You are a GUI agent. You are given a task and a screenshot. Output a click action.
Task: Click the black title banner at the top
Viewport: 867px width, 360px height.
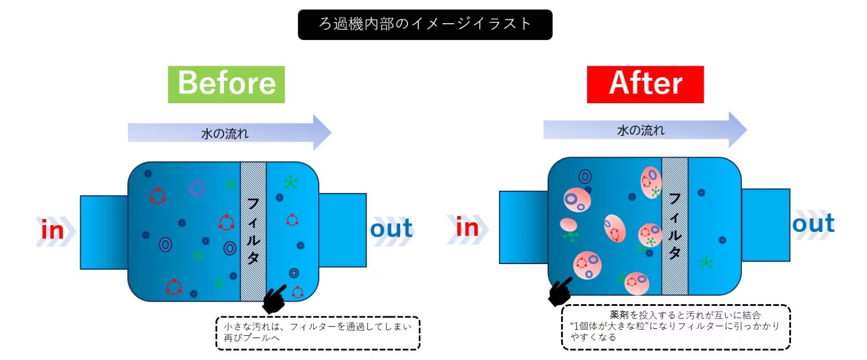point(425,24)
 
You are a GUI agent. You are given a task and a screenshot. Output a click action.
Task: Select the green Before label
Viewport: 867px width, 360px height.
point(226,84)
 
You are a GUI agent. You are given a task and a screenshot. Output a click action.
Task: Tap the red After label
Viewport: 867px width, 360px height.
point(645,84)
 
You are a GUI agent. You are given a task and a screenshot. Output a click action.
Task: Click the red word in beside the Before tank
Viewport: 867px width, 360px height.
point(53,231)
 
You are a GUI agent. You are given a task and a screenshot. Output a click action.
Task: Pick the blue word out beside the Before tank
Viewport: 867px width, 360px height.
point(392,229)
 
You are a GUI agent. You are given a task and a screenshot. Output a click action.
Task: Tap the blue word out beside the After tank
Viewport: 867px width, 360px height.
point(813,224)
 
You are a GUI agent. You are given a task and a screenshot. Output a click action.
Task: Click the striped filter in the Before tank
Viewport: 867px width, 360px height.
point(254,231)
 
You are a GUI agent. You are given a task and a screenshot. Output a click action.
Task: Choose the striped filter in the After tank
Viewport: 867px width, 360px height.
point(675,226)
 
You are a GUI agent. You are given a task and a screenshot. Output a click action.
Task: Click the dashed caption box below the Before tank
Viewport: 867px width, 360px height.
point(318,333)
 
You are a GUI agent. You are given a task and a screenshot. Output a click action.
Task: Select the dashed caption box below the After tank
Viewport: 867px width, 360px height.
point(676,327)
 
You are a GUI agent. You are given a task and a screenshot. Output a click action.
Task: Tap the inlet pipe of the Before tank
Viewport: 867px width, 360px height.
point(104,232)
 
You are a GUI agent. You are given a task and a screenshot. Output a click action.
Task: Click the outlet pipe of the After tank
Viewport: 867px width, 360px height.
point(766,225)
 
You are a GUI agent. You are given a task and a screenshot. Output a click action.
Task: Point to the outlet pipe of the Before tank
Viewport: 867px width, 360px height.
point(342,230)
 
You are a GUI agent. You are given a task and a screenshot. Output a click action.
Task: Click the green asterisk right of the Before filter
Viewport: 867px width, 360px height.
point(291,183)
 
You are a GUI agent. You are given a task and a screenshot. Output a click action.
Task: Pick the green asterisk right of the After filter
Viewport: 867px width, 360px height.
point(705,263)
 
